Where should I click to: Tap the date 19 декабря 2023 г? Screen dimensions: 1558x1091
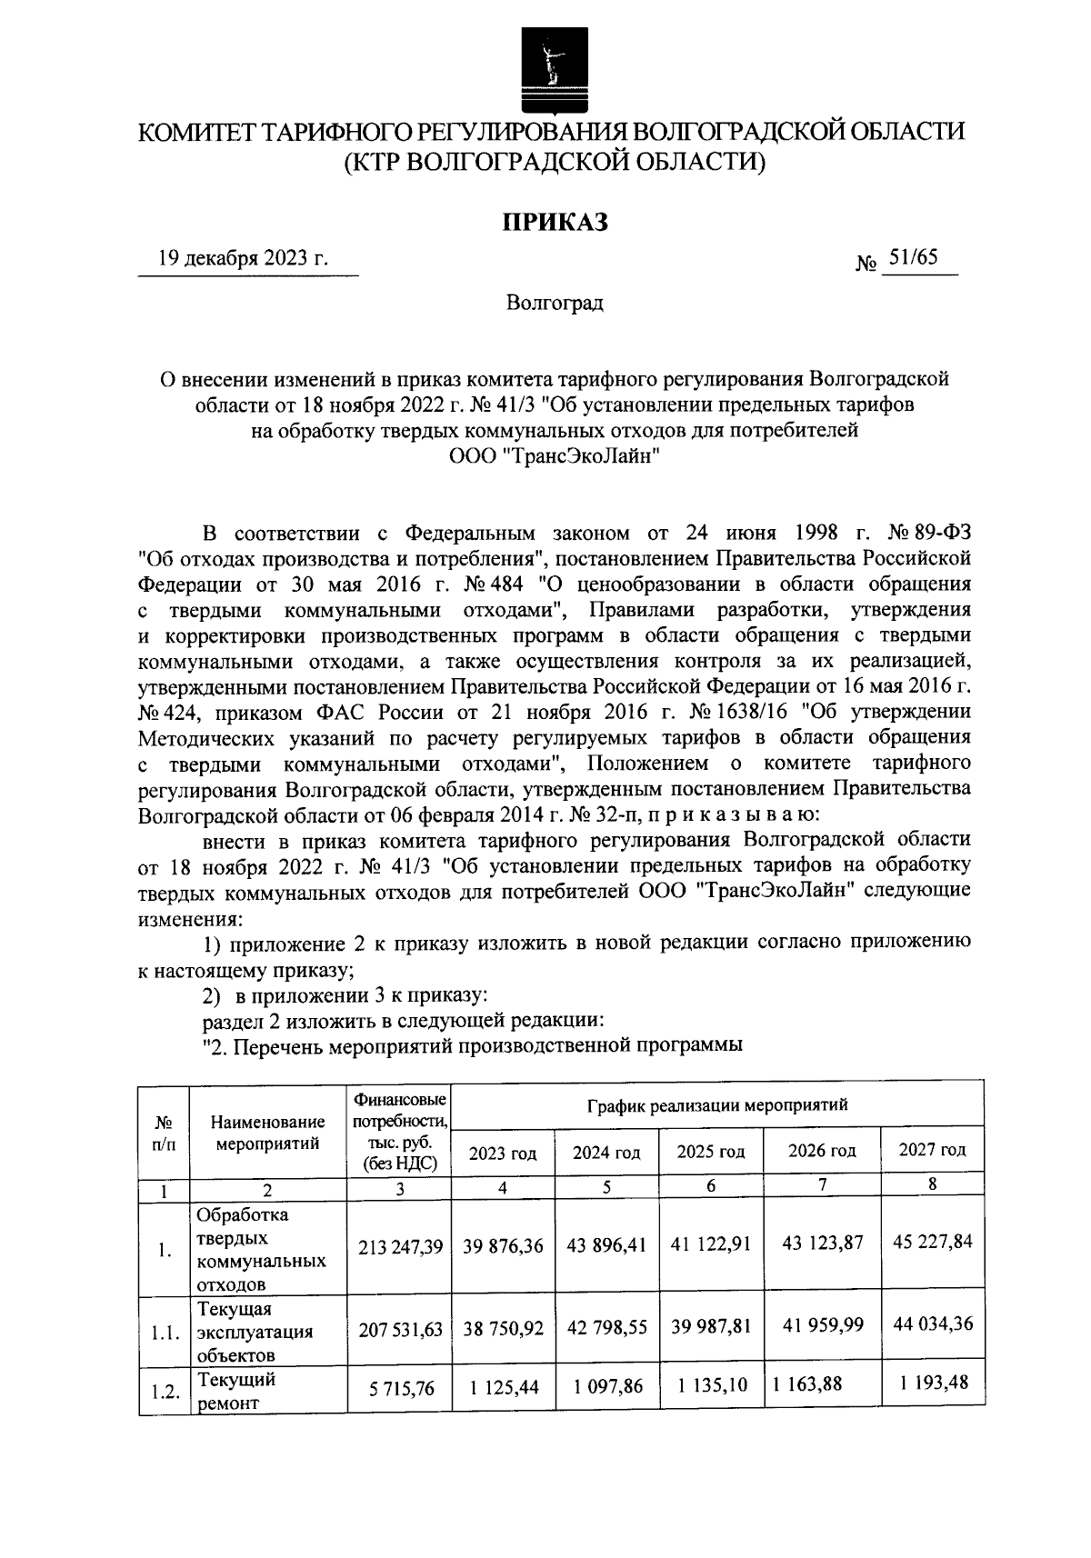243,258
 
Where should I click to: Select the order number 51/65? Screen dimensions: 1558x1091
913,257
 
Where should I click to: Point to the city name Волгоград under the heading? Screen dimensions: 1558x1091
554,303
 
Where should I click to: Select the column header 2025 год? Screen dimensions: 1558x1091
711,1152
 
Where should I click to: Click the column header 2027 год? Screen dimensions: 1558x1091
932,1150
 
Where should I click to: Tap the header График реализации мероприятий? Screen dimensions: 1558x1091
717,1105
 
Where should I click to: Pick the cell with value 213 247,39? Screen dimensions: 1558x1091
400,1246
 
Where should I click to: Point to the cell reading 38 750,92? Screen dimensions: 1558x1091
503,1327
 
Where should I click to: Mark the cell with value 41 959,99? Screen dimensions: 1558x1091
823,1325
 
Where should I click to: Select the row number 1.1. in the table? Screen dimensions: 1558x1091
164,1333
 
